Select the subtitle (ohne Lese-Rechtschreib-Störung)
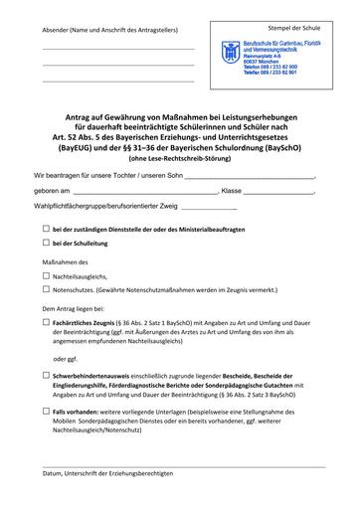180,156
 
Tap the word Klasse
234,189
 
